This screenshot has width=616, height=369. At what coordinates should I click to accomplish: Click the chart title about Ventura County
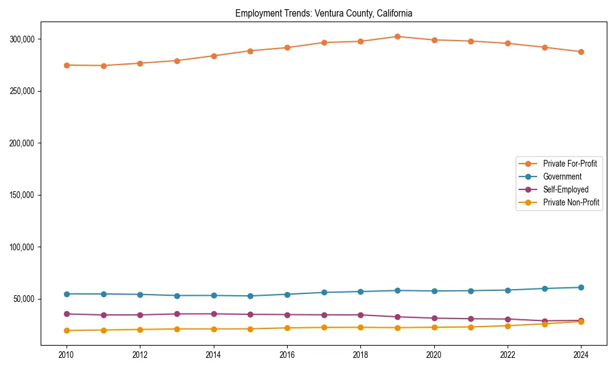[323, 13]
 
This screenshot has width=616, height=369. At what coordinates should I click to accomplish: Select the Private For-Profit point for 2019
[397, 37]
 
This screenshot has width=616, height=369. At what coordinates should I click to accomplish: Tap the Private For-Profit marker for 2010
[67, 65]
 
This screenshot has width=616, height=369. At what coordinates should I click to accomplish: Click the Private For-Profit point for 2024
[581, 52]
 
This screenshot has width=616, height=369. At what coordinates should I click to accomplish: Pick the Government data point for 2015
[250, 296]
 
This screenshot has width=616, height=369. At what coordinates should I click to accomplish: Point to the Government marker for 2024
[581, 287]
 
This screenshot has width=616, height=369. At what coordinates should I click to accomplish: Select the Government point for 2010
[67, 294]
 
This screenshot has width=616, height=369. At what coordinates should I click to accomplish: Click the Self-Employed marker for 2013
[177, 314]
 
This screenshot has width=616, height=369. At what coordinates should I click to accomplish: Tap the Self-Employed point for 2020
[434, 318]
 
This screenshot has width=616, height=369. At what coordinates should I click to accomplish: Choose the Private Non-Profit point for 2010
[67, 330]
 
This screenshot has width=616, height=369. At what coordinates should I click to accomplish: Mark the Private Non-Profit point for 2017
[324, 327]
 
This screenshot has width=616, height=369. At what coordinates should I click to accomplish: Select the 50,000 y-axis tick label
[23, 300]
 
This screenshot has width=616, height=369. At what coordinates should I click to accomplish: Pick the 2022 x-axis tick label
[508, 355]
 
